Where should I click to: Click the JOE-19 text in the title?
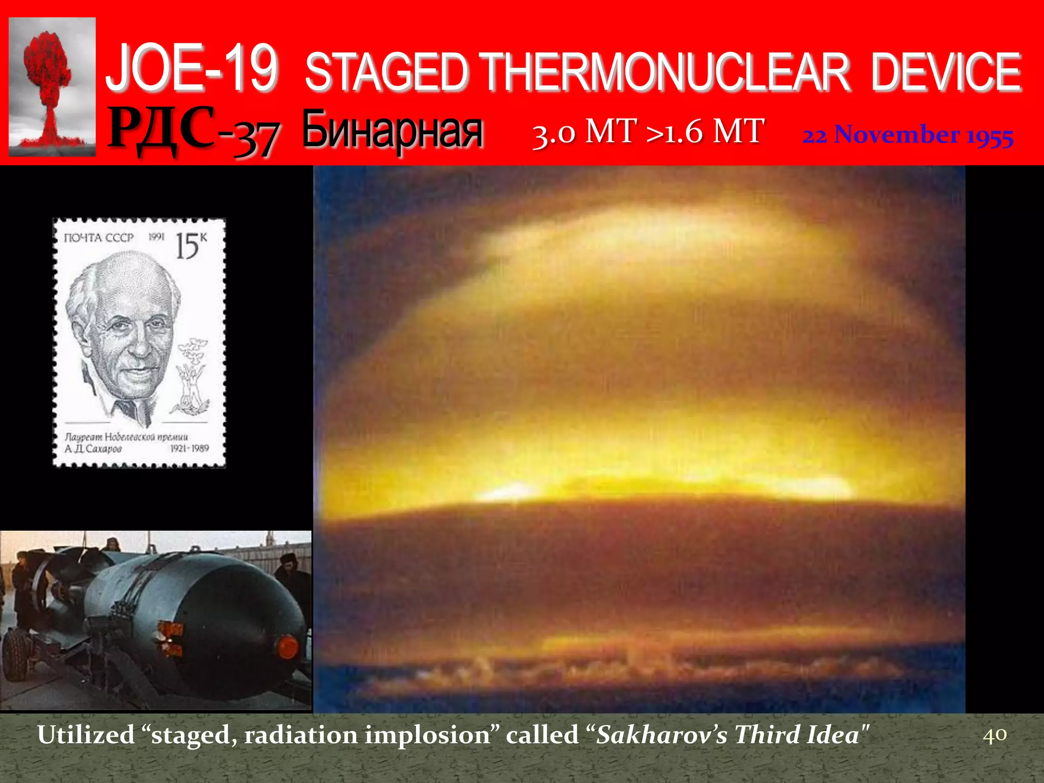[x=193, y=69]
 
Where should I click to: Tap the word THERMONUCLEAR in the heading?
[x=665, y=72]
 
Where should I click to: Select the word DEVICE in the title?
[x=946, y=72]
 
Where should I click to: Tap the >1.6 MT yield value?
[x=706, y=132]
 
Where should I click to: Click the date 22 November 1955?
[x=907, y=136]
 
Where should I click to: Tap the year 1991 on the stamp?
[x=156, y=237]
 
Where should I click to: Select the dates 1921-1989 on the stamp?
[x=189, y=448]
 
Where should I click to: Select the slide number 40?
[x=995, y=735]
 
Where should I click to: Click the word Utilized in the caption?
[x=86, y=735]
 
